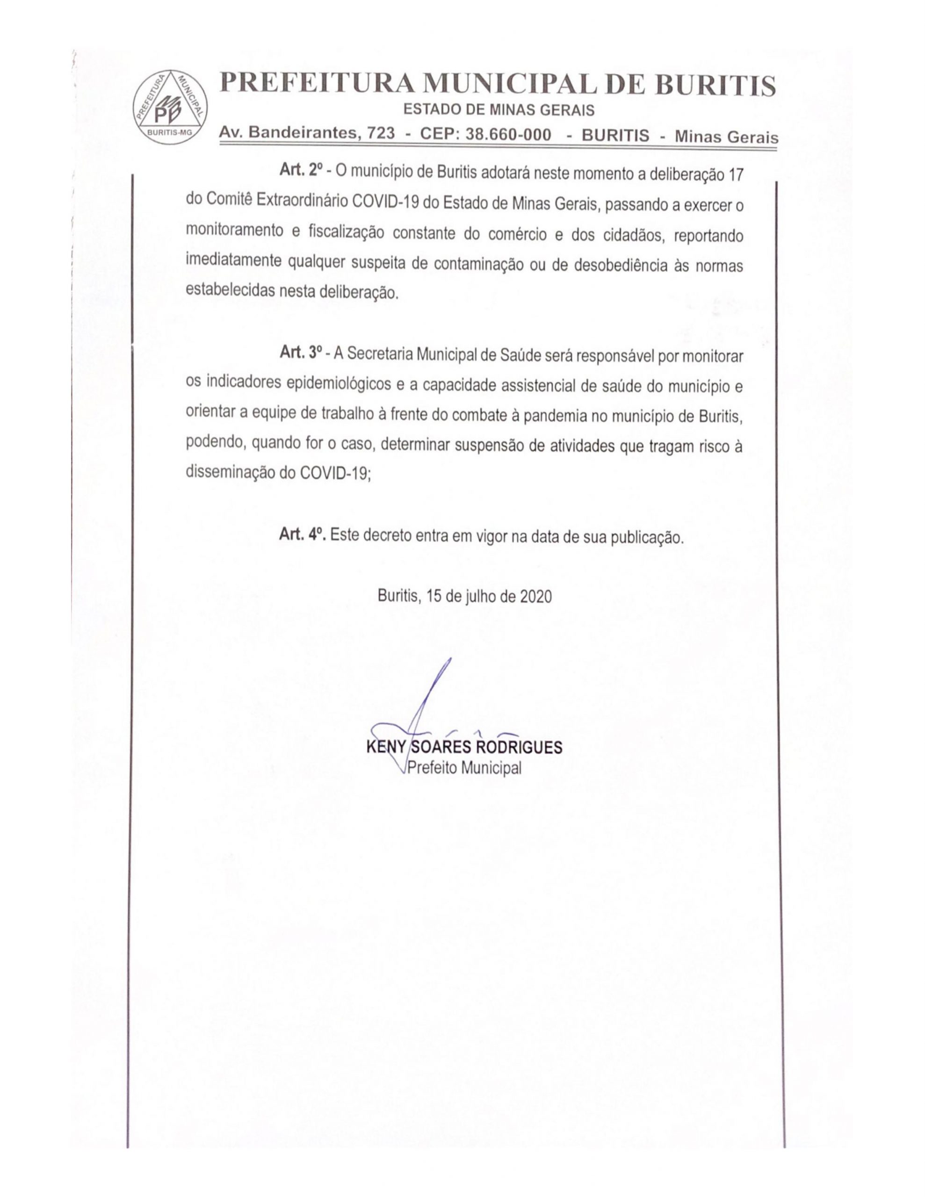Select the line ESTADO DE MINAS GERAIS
pyautogui.click(x=499, y=111)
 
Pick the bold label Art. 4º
pyautogui.click(x=302, y=534)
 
